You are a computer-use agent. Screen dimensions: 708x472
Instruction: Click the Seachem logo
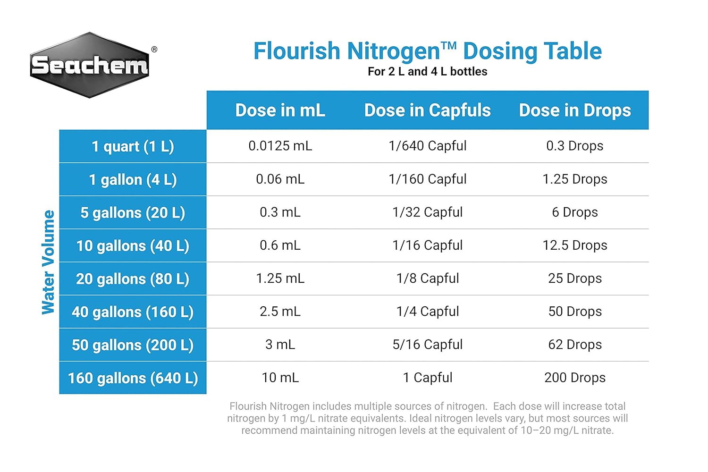[90, 65]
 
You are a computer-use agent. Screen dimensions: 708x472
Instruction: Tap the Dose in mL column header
[280, 110]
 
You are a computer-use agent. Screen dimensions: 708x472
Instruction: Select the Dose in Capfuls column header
[427, 110]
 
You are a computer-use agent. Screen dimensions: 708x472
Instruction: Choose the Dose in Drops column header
[575, 110]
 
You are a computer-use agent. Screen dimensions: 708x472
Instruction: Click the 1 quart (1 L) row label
[133, 146]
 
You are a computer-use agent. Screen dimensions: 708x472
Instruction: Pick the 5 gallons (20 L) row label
[133, 212]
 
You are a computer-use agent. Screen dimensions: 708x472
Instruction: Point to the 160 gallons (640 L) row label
[133, 378]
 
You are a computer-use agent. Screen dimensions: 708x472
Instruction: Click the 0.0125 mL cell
[280, 146]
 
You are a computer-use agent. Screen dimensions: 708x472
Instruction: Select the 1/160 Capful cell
[427, 179]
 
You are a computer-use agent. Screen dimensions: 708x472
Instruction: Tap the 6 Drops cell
[575, 212]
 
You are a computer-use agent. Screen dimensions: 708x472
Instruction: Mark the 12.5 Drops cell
[575, 245]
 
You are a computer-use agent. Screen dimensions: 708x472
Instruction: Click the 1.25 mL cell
[280, 278]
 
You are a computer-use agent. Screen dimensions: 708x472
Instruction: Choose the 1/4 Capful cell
[427, 312]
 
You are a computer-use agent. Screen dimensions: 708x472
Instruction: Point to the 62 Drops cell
[575, 345]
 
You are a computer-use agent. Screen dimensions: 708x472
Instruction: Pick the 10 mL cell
[280, 378]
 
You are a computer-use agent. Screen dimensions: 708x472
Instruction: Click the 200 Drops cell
[575, 378]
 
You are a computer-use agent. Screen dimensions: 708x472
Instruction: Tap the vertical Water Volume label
[48, 262]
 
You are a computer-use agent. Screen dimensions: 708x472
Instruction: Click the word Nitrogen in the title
[394, 51]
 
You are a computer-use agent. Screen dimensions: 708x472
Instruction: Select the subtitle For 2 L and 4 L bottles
[427, 71]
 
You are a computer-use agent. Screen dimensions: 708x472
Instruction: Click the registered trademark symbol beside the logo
[154, 49]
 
